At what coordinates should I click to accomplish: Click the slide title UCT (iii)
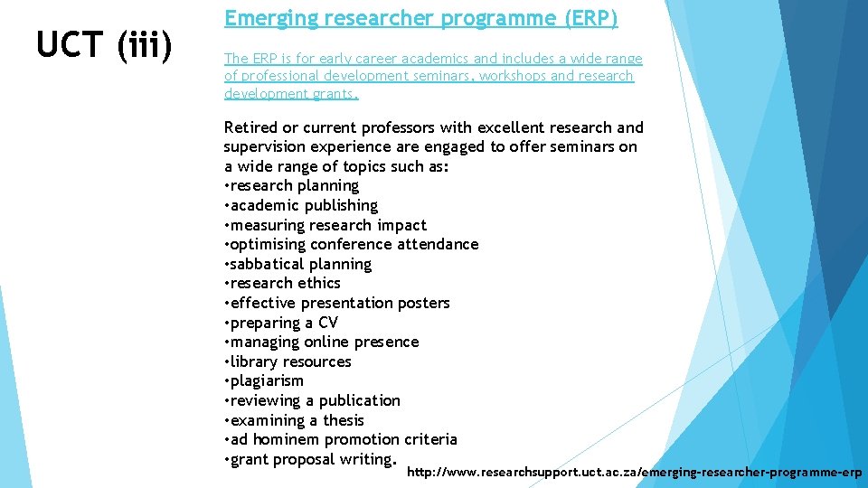tap(104, 45)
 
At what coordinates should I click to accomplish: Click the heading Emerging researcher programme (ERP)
tap(420, 18)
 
